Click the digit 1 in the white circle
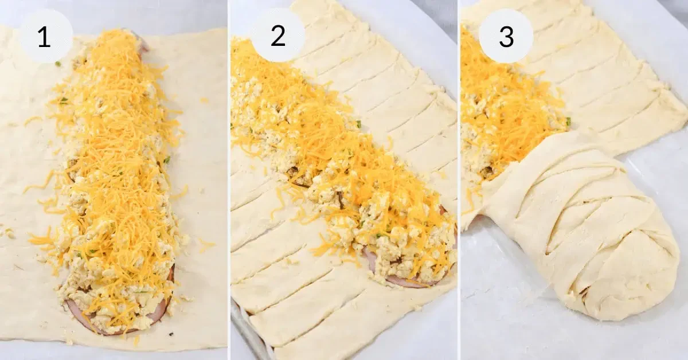[x=44, y=37]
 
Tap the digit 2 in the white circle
[x=277, y=36]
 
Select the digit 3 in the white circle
[x=506, y=36]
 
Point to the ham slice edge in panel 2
[x=396, y=280]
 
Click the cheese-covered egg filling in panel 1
[x=115, y=172]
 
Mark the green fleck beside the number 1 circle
[x=58, y=64]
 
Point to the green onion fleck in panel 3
[x=568, y=121]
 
